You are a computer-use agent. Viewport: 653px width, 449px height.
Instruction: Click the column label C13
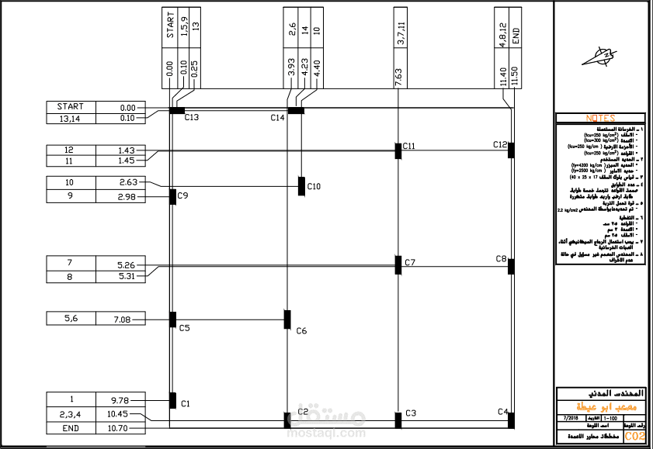(192, 118)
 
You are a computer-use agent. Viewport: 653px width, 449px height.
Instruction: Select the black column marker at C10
(301, 186)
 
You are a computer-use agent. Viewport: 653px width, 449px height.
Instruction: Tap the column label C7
(410, 263)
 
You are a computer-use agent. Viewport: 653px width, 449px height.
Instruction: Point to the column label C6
(301, 331)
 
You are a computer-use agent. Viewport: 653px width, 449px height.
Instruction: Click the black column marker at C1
(172, 400)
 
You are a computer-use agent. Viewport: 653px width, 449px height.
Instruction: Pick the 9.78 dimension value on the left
(120, 400)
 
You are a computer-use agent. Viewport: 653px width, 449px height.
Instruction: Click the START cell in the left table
(70, 107)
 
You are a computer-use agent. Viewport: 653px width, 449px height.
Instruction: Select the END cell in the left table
(70, 428)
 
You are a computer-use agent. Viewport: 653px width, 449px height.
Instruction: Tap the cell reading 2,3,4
(70, 413)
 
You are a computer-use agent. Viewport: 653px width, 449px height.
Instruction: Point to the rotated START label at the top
(170, 25)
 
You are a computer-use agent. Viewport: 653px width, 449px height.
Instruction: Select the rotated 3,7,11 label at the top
(400, 36)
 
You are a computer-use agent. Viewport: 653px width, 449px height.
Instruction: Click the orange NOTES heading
(600, 118)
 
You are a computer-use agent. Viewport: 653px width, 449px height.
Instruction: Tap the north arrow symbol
(603, 57)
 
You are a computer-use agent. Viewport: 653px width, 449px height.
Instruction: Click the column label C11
(409, 147)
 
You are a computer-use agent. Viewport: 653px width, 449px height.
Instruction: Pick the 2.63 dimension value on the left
(127, 182)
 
